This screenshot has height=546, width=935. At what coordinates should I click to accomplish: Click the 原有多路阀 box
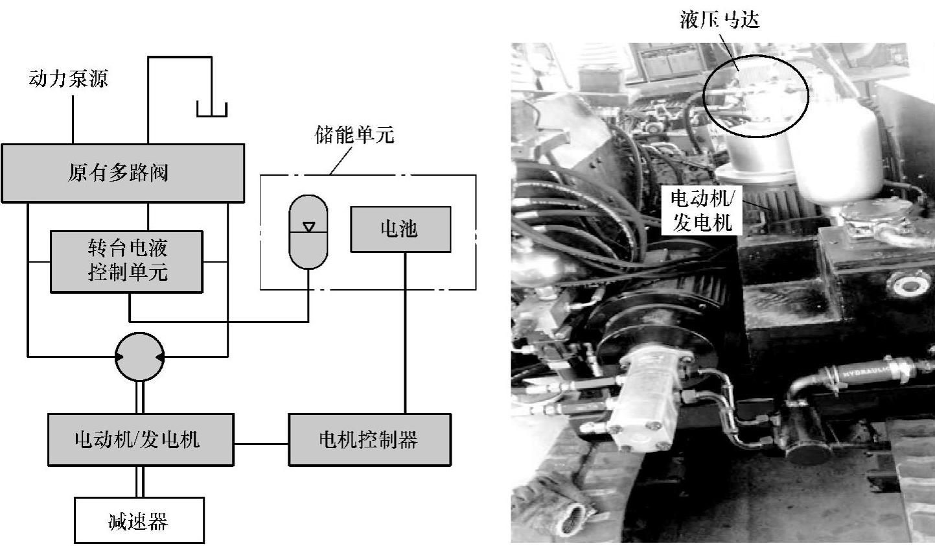122,173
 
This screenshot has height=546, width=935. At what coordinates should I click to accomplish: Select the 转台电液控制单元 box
127,261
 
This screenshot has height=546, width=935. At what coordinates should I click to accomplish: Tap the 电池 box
400,229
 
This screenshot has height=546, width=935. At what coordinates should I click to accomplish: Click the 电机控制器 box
369,440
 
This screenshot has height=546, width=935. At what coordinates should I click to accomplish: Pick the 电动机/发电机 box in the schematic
140,440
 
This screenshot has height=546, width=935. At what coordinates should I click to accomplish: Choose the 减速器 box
139,520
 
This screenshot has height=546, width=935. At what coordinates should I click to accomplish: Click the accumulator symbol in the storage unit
308,231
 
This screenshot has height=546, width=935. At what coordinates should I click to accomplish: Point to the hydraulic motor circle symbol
139,356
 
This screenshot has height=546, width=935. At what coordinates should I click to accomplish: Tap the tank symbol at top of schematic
212,110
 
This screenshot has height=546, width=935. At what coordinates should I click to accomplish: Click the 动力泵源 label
68,79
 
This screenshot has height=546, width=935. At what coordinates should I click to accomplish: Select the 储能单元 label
354,136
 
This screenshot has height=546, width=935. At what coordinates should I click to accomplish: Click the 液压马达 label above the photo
719,20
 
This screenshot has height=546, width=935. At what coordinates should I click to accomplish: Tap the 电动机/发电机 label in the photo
702,211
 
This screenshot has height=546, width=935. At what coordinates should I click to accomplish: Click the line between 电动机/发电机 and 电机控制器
260,444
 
